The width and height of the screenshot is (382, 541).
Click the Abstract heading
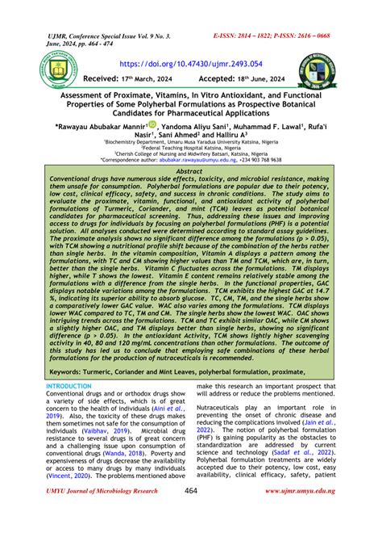coord(190,172)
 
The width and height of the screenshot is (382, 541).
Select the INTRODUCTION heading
coord(69,388)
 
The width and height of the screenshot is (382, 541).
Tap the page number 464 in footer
coord(191,514)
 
